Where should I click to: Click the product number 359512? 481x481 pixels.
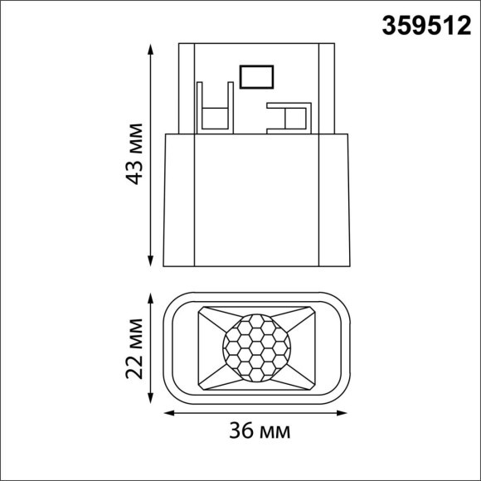[424, 25]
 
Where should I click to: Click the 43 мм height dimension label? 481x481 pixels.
[134, 157]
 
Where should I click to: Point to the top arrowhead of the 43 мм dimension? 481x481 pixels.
[150, 48]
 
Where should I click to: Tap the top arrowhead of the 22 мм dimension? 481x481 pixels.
[150, 295]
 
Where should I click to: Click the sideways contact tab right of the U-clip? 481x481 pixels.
[285, 117]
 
